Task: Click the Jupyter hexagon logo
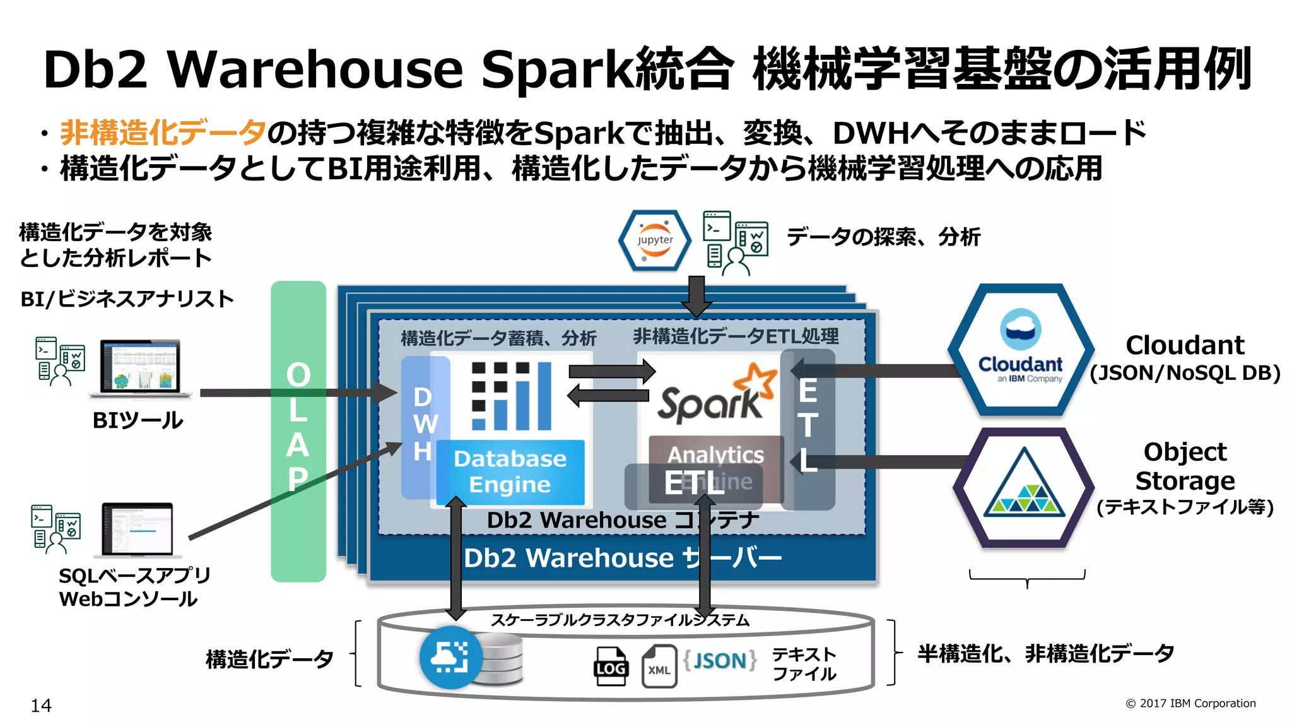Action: tap(655, 240)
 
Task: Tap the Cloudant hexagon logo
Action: tap(1021, 350)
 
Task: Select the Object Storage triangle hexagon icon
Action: tap(1024, 487)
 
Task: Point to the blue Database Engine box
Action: tap(510, 471)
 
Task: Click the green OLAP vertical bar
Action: tap(298, 431)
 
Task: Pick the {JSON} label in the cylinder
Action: tap(720, 661)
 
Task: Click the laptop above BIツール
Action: tap(140, 369)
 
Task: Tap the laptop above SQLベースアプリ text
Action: tap(138, 530)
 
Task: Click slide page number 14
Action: tap(41, 706)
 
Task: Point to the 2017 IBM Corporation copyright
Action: tap(1190, 703)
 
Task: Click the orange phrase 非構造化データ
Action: tap(163, 133)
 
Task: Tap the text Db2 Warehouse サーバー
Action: tap(622, 558)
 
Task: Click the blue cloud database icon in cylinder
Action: tap(450, 658)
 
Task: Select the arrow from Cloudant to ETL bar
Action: tap(877, 370)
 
